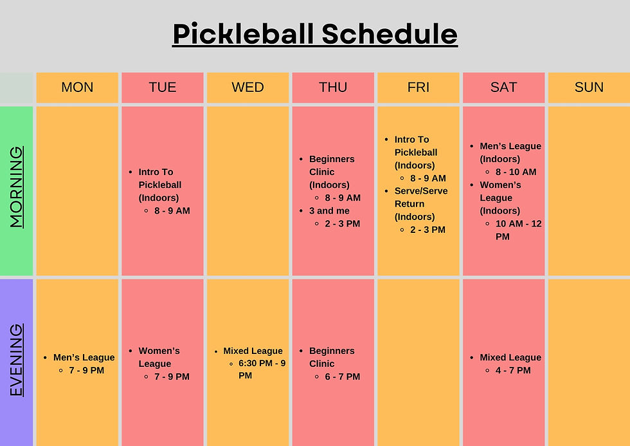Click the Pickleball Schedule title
pyautogui.click(x=315, y=34)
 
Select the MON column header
pyautogui.click(x=77, y=88)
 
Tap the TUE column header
pyautogui.click(x=162, y=88)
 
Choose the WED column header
pyautogui.click(x=248, y=88)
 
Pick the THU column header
pyautogui.click(x=333, y=88)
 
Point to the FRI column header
pyautogui.click(x=419, y=88)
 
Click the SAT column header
pyautogui.click(x=503, y=88)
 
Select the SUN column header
pyautogui.click(x=589, y=88)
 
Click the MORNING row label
pyautogui.click(x=17, y=187)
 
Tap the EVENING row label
pyautogui.click(x=17, y=360)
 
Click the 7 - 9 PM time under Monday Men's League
pyautogui.click(x=86, y=371)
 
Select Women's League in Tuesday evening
pyautogui.click(x=159, y=357)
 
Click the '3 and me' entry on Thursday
pyautogui.click(x=329, y=210)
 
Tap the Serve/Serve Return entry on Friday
pyautogui.click(x=420, y=203)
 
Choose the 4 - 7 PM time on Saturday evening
pyautogui.click(x=513, y=371)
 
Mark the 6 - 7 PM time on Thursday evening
pyautogui.click(x=342, y=376)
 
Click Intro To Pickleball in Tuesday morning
pyautogui.click(x=160, y=185)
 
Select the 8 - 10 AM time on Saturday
pyautogui.click(x=516, y=172)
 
